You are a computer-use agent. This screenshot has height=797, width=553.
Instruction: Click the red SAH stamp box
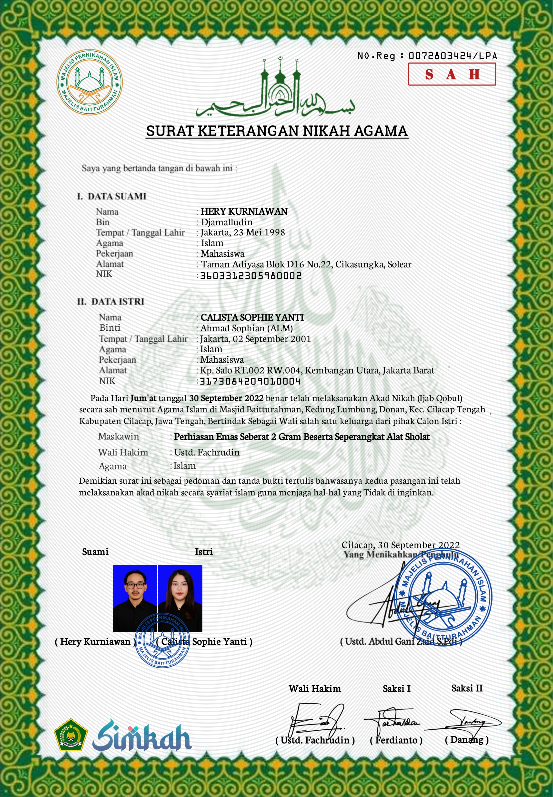(x=452, y=74)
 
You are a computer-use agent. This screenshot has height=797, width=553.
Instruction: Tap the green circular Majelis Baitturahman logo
(x=89, y=82)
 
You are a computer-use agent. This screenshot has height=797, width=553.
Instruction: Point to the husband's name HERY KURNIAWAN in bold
(x=244, y=211)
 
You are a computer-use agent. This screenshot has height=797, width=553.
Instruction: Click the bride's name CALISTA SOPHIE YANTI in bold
(x=252, y=317)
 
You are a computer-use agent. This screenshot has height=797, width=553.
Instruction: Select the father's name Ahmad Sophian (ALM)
(x=246, y=328)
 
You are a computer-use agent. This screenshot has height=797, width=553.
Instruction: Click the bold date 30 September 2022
(x=226, y=398)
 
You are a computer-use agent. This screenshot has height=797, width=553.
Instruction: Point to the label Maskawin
(x=119, y=436)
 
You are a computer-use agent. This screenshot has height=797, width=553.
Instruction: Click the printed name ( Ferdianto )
(x=396, y=740)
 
